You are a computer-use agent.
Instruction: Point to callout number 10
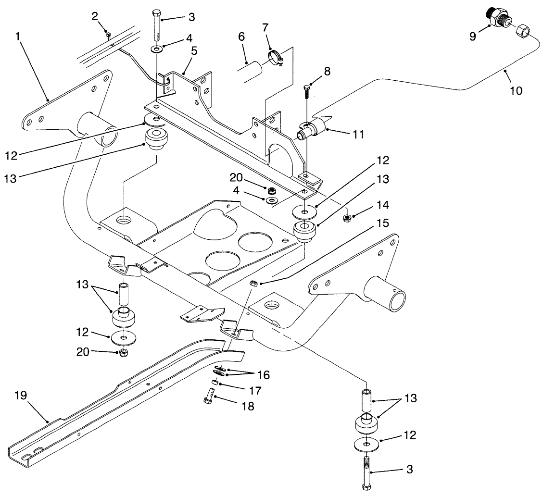tap(516, 90)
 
